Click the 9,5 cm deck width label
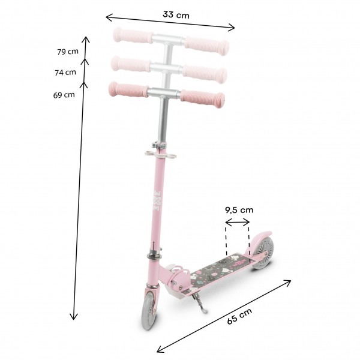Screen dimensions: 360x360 [x=239, y=210]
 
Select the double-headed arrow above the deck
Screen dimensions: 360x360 [x=238, y=222]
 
